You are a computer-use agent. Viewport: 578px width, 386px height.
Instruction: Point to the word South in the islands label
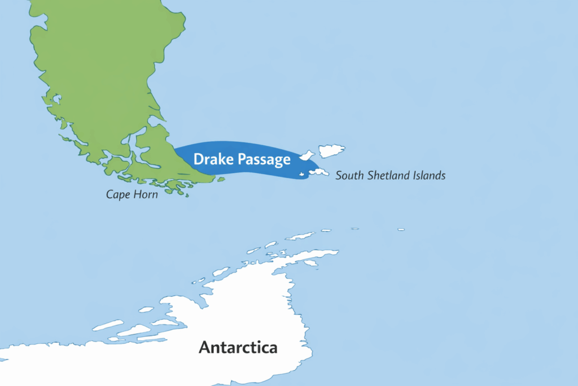click(x=349, y=176)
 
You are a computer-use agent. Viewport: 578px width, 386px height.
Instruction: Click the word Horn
click(x=145, y=194)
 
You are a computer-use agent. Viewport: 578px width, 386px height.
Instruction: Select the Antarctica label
click(x=238, y=346)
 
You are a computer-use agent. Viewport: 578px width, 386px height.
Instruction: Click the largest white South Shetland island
click(x=331, y=150)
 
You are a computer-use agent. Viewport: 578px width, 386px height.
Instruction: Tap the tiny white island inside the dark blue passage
click(x=302, y=174)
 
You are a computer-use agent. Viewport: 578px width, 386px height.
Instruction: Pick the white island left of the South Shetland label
click(x=318, y=171)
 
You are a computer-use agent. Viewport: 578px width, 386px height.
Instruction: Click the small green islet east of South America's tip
click(x=221, y=180)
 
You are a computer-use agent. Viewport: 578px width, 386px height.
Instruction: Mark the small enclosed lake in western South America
click(x=56, y=99)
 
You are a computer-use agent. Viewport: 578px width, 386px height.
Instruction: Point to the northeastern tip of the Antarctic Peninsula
click(x=336, y=251)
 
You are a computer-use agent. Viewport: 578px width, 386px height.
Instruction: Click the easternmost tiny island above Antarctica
click(x=401, y=229)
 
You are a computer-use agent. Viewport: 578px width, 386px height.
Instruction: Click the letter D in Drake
click(x=198, y=159)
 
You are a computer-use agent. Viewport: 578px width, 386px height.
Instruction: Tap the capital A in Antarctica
click(x=204, y=346)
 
